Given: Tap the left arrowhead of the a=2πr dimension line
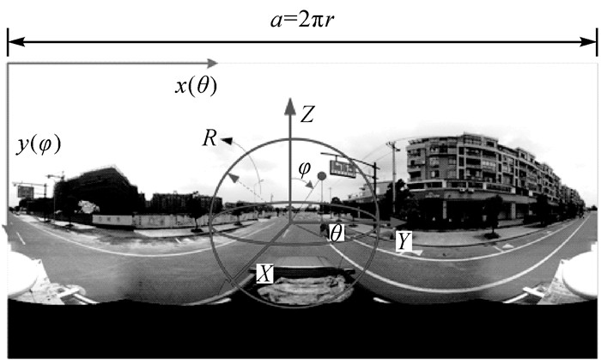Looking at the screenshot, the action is coord(12,40).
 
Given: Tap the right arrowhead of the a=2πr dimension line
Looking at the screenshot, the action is coord(592,40).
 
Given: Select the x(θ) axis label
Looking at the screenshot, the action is coord(195,85).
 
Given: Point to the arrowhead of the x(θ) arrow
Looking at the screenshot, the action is coord(214,62).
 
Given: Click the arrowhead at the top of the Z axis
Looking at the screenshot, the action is coord(290,104).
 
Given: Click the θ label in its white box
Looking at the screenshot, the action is coord(336,231).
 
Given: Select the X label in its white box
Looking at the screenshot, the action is coord(266,273).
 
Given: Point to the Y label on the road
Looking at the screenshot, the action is coord(402,244).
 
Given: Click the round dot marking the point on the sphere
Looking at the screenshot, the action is coord(322,176).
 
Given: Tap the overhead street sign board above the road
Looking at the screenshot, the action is coord(342,168).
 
